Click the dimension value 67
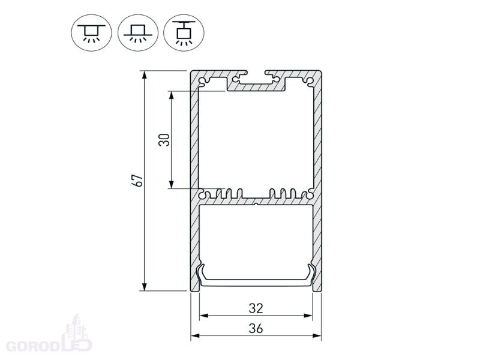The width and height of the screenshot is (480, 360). pos(139,181)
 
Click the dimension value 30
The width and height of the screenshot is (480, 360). pos(164,140)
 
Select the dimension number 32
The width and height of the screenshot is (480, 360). pos(256,308)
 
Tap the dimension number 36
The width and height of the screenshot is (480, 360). pos(256,328)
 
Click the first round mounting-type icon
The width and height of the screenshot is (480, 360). pos(92,32)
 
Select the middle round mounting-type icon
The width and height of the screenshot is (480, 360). pos(138,32)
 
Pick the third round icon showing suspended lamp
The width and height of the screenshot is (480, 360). pos(184,32)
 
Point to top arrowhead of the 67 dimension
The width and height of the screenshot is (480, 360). pos(145,76)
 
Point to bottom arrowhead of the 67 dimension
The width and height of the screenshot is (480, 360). pos(145,286)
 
